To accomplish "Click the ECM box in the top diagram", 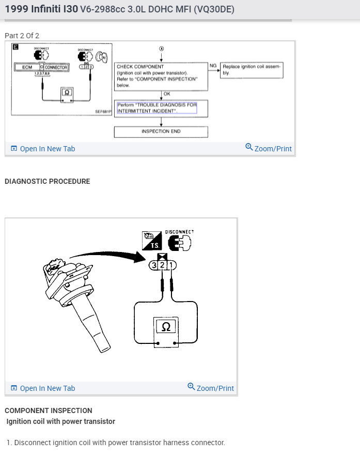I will (x=27, y=67).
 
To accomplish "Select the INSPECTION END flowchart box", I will (x=161, y=132).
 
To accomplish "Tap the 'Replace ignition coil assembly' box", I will (x=252, y=70).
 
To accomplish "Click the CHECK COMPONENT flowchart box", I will (x=161, y=76).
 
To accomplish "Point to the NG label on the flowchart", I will (x=213, y=66).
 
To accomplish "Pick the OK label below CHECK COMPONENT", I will (x=166, y=94).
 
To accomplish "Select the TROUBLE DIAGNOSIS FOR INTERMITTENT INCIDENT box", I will (x=156, y=107).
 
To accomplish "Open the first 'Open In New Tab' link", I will (x=43, y=149).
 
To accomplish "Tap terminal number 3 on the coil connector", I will (x=153, y=265).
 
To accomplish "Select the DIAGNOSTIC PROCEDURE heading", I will (x=47, y=181).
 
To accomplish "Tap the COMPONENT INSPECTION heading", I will (x=49, y=410).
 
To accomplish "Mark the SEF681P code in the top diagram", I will (x=103, y=110).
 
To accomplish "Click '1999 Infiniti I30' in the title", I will (x=41, y=9).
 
